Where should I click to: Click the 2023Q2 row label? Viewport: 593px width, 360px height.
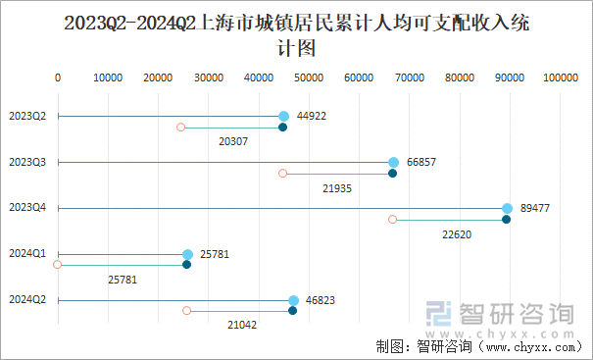click(27, 116)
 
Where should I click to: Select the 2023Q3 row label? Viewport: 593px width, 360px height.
click(27, 162)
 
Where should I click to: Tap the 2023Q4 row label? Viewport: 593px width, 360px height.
click(27, 208)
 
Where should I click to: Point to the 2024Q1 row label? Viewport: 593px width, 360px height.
click(27, 254)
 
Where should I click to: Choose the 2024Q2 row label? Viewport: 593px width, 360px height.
click(27, 300)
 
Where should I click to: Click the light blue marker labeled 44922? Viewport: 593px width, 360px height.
click(284, 116)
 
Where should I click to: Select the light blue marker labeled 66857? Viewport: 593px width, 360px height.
click(394, 162)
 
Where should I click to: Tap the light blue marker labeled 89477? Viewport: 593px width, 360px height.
click(508, 208)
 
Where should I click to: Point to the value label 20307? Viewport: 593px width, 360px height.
click(233, 141)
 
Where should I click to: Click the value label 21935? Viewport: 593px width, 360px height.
click(337, 187)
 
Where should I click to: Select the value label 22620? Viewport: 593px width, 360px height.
click(457, 233)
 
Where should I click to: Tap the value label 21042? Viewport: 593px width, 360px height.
click(242, 325)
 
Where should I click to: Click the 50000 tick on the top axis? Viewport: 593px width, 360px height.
click(309, 77)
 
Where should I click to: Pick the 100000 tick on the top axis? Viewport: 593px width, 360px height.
click(561, 77)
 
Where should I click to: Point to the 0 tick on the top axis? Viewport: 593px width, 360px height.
click(58, 77)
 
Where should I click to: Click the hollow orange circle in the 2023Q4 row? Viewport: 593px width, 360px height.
click(393, 220)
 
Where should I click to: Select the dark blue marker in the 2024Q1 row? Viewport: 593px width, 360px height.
click(187, 265)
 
